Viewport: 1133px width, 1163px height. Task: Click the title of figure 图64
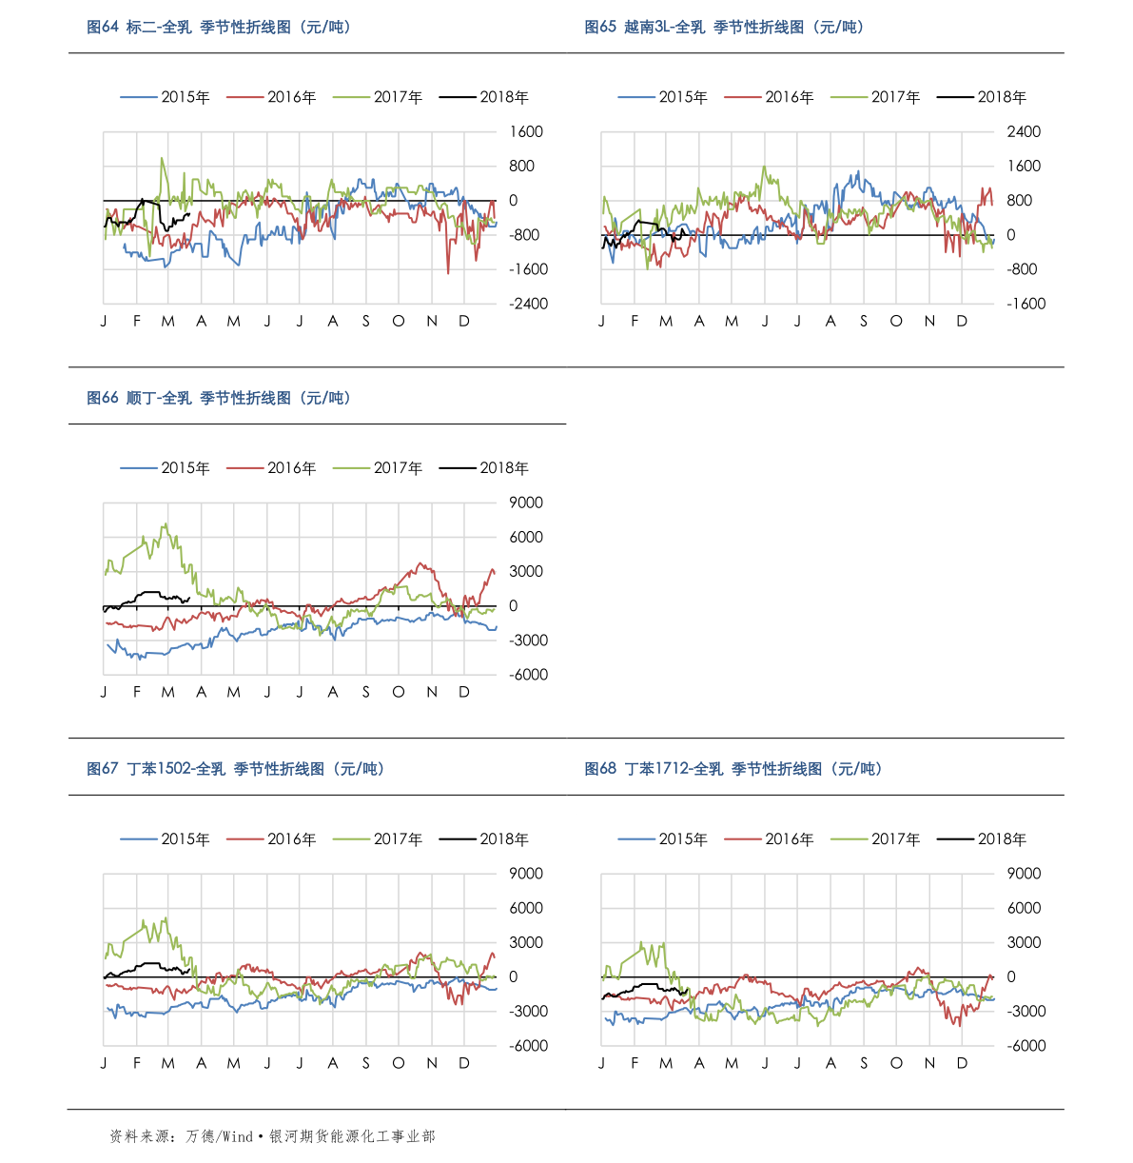pyautogui.click(x=220, y=28)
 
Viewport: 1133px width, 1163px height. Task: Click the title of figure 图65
pyautogui.click(x=724, y=28)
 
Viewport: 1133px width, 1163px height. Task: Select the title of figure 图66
pyautogui.click(x=220, y=398)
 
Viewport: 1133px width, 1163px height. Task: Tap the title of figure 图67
pyautogui.click(x=236, y=769)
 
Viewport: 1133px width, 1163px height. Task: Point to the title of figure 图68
pyautogui.click(x=733, y=769)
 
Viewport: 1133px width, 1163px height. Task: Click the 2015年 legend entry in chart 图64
pyautogui.click(x=166, y=97)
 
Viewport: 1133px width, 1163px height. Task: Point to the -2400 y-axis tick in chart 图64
pyautogui.click(x=528, y=304)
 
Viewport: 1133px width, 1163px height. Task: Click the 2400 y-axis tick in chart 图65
pyautogui.click(x=1024, y=131)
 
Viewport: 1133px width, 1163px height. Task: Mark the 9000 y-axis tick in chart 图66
pyautogui.click(x=526, y=503)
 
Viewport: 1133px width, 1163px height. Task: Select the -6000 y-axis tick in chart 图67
pyautogui.click(x=528, y=1045)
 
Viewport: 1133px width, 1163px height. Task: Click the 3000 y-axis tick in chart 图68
pyautogui.click(x=1024, y=942)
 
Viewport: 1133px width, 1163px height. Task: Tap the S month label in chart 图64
pyautogui.click(x=365, y=322)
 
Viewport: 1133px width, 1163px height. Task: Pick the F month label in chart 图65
pyautogui.click(x=635, y=322)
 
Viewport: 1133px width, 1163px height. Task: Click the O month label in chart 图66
pyautogui.click(x=398, y=692)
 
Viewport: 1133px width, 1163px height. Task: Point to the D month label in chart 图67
pyautogui.click(x=464, y=1063)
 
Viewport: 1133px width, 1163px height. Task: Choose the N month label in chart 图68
pyautogui.click(x=929, y=1063)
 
